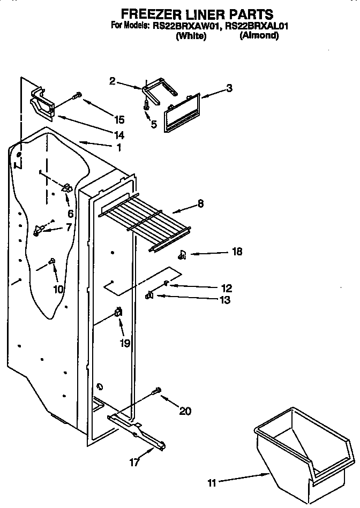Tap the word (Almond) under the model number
pyautogui.click(x=259, y=35)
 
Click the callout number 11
pyautogui.click(x=212, y=483)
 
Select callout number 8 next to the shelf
pyautogui.click(x=200, y=203)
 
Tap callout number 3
pyautogui.click(x=229, y=89)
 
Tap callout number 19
pyautogui.click(x=125, y=343)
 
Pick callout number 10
pyautogui.click(x=58, y=289)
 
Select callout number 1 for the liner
pyautogui.click(x=118, y=147)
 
